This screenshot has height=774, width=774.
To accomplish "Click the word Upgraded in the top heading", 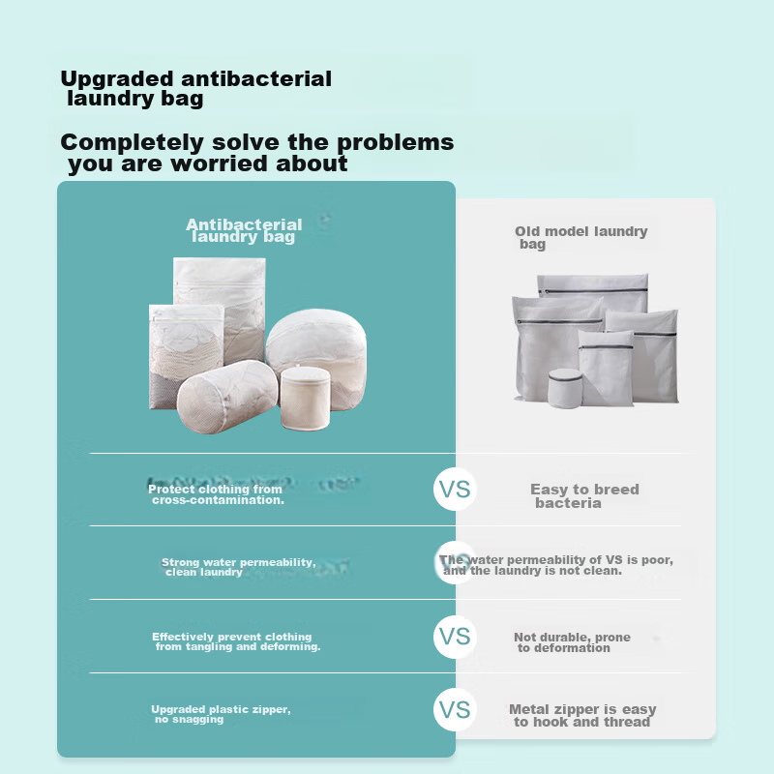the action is click(117, 80).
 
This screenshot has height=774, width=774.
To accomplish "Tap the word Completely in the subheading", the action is click(132, 143).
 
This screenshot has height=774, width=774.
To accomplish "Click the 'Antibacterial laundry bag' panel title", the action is click(244, 230).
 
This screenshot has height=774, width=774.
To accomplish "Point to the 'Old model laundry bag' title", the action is click(581, 237).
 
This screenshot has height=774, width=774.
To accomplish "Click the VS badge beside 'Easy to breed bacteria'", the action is click(455, 490).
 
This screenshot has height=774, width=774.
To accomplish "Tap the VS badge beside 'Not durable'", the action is click(455, 637).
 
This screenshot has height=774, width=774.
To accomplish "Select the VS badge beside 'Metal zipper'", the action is click(455, 709).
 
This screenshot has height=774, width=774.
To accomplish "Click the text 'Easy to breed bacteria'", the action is click(584, 496).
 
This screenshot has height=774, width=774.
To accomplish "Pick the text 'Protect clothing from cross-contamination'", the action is click(216, 494).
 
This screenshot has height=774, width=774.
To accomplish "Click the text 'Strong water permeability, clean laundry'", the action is click(238, 567).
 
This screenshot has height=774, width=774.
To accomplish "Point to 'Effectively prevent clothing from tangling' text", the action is click(236, 641).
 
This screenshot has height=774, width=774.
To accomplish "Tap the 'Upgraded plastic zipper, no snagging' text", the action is click(221, 714).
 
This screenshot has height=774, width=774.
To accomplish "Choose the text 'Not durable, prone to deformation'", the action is click(572, 642).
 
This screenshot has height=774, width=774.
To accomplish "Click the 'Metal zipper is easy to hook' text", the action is click(582, 716).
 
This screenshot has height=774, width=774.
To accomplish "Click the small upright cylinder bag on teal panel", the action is click(306, 398).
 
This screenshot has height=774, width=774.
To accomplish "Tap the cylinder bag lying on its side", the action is click(226, 397).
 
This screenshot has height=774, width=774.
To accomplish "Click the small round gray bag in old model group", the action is click(565, 389).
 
